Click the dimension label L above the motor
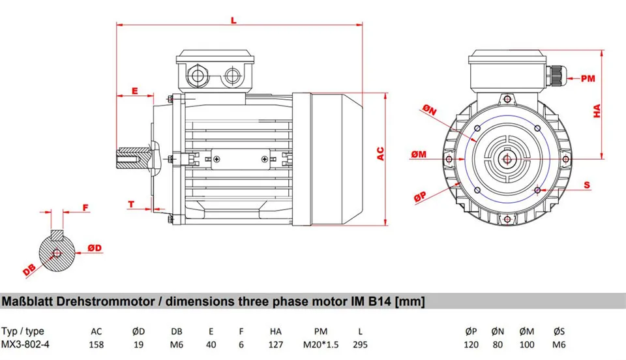tap(233, 20)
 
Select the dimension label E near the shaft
tap(134, 91)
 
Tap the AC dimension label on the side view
tap(381, 154)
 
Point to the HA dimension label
tap(597, 112)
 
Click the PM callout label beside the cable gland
tap(588, 78)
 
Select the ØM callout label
tap(419, 154)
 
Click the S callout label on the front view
tap(587, 185)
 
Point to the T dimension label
tap(130, 204)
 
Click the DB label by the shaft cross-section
tap(29, 269)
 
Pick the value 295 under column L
tap(359, 344)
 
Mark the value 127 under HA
tap(275, 344)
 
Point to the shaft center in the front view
tap(506, 157)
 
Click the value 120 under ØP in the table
tap(471, 344)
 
